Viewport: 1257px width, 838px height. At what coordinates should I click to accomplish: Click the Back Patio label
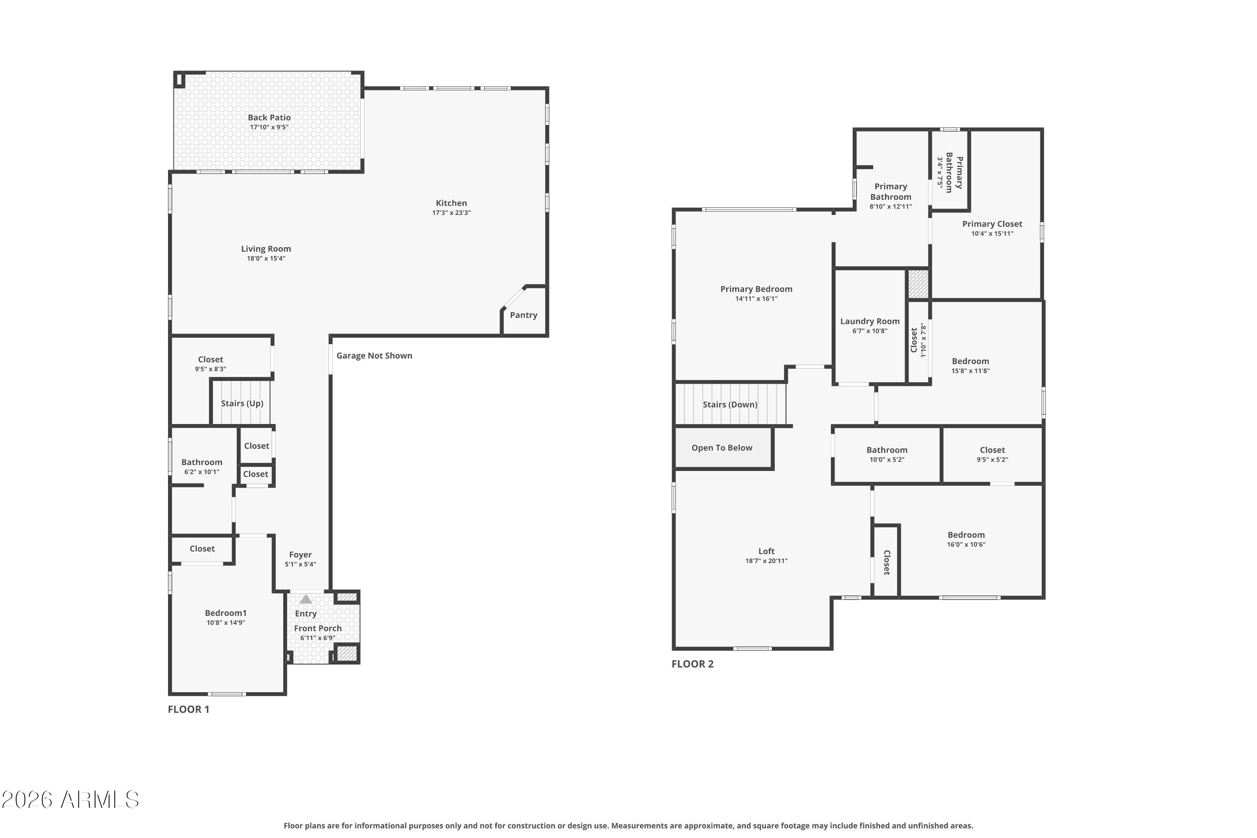(x=269, y=118)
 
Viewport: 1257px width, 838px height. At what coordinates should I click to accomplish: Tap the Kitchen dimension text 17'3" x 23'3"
(x=451, y=213)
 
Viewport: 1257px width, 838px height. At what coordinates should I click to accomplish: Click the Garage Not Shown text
(x=374, y=355)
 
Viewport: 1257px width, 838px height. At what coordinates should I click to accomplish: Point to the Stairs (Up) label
(x=242, y=403)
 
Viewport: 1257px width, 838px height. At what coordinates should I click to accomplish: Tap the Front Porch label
(x=318, y=628)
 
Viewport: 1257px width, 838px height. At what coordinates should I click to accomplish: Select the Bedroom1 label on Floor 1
(x=225, y=613)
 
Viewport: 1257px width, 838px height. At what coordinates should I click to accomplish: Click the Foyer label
(x=300, y=555)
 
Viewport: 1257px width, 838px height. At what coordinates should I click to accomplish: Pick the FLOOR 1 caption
(x=189, y=709)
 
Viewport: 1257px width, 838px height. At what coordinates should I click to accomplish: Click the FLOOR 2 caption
(x=693, y=664)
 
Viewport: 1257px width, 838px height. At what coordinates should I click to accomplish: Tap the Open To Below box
(x=723, y=448)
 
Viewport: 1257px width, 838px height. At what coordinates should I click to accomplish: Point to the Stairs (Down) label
(x=730, y=405)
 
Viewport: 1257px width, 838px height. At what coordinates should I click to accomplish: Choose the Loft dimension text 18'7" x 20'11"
(x=766, y=561)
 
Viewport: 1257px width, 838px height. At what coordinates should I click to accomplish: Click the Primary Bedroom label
(x=756, y=289)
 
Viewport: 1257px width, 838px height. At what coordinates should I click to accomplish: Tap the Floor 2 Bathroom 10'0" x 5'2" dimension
(x=887, y=460)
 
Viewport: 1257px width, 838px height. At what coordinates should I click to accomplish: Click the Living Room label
(x=266, y=248)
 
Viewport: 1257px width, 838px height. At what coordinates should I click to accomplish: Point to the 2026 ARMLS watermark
(x=70, y=799)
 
